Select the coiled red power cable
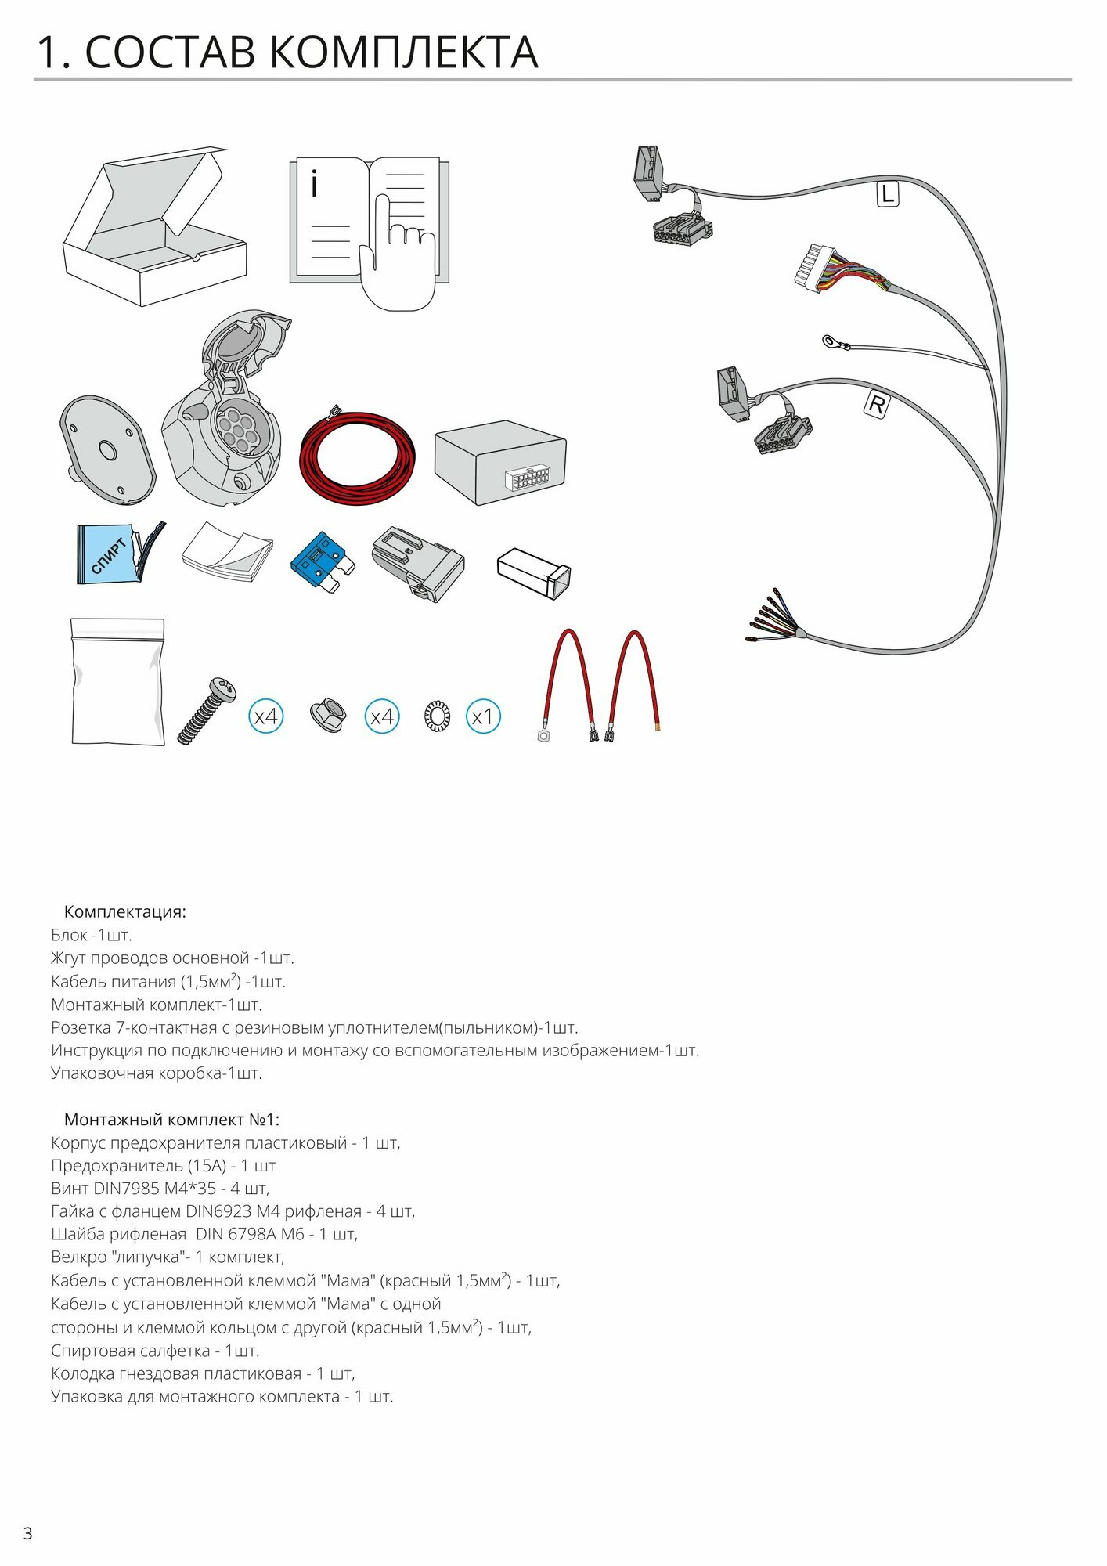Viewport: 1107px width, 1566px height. (x=358, y=458)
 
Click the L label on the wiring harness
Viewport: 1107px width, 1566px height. (x=887, y=193)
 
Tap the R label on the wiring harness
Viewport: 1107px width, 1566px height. (x=877, y=405)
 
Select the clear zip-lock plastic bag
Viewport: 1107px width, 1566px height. (x=118, y=682)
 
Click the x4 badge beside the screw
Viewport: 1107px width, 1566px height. (x=266, y=716)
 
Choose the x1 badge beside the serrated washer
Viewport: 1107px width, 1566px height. (x=483, y=716)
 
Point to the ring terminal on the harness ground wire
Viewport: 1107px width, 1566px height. (x=831, y=341)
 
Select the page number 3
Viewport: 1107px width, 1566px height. (x=28, y=1533)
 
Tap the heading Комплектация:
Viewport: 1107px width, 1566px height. (x=125, y=911)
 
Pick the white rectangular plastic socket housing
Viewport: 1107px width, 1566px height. (x=534, y=572)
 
